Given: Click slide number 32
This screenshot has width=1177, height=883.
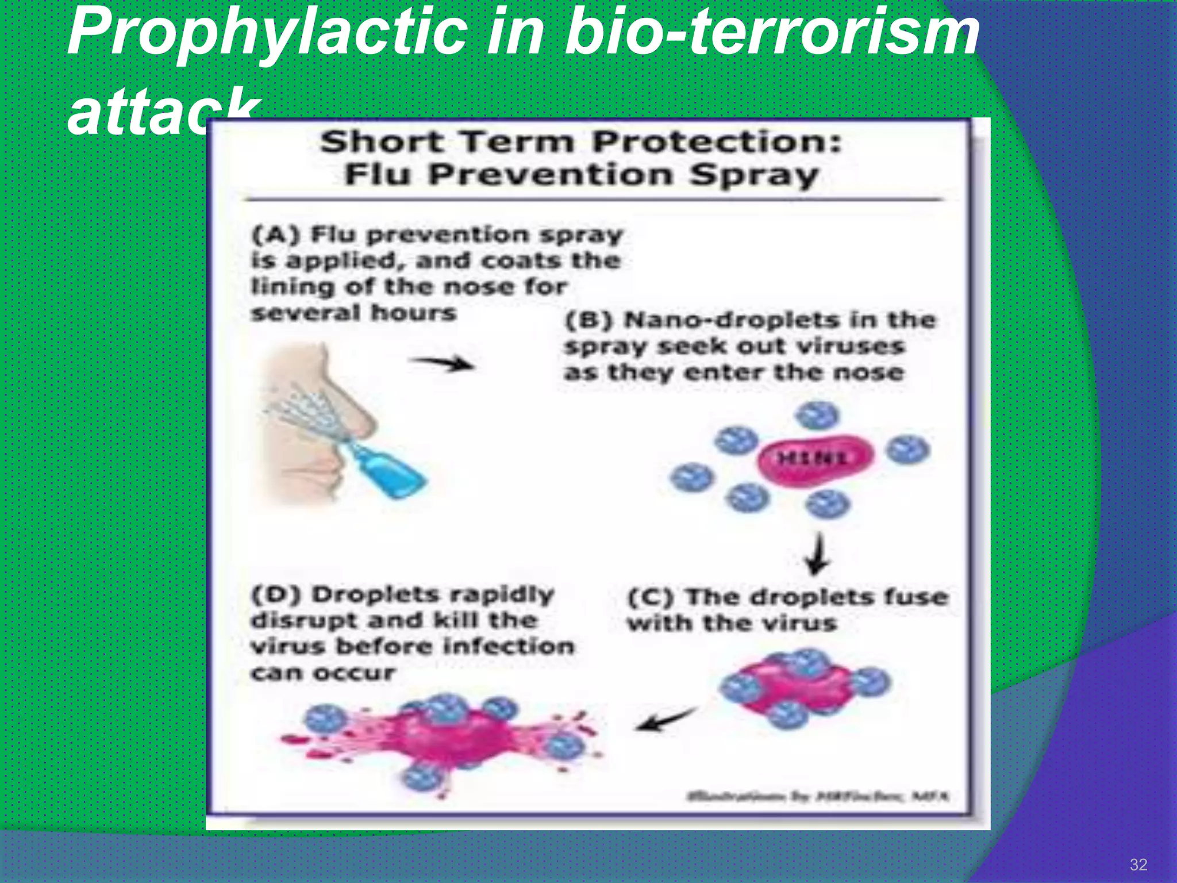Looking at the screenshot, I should (x=1138, y=865).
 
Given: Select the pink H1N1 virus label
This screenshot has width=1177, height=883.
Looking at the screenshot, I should (x=813, y=459).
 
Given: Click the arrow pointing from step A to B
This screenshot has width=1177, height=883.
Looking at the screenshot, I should (x=443, y=363).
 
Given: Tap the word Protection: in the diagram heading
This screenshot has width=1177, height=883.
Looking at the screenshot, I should (x=717, y=141).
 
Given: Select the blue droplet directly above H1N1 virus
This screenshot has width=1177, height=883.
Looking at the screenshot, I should (x=819, y=415).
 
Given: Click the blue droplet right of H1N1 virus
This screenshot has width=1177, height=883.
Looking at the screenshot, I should (x=907, y=449).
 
